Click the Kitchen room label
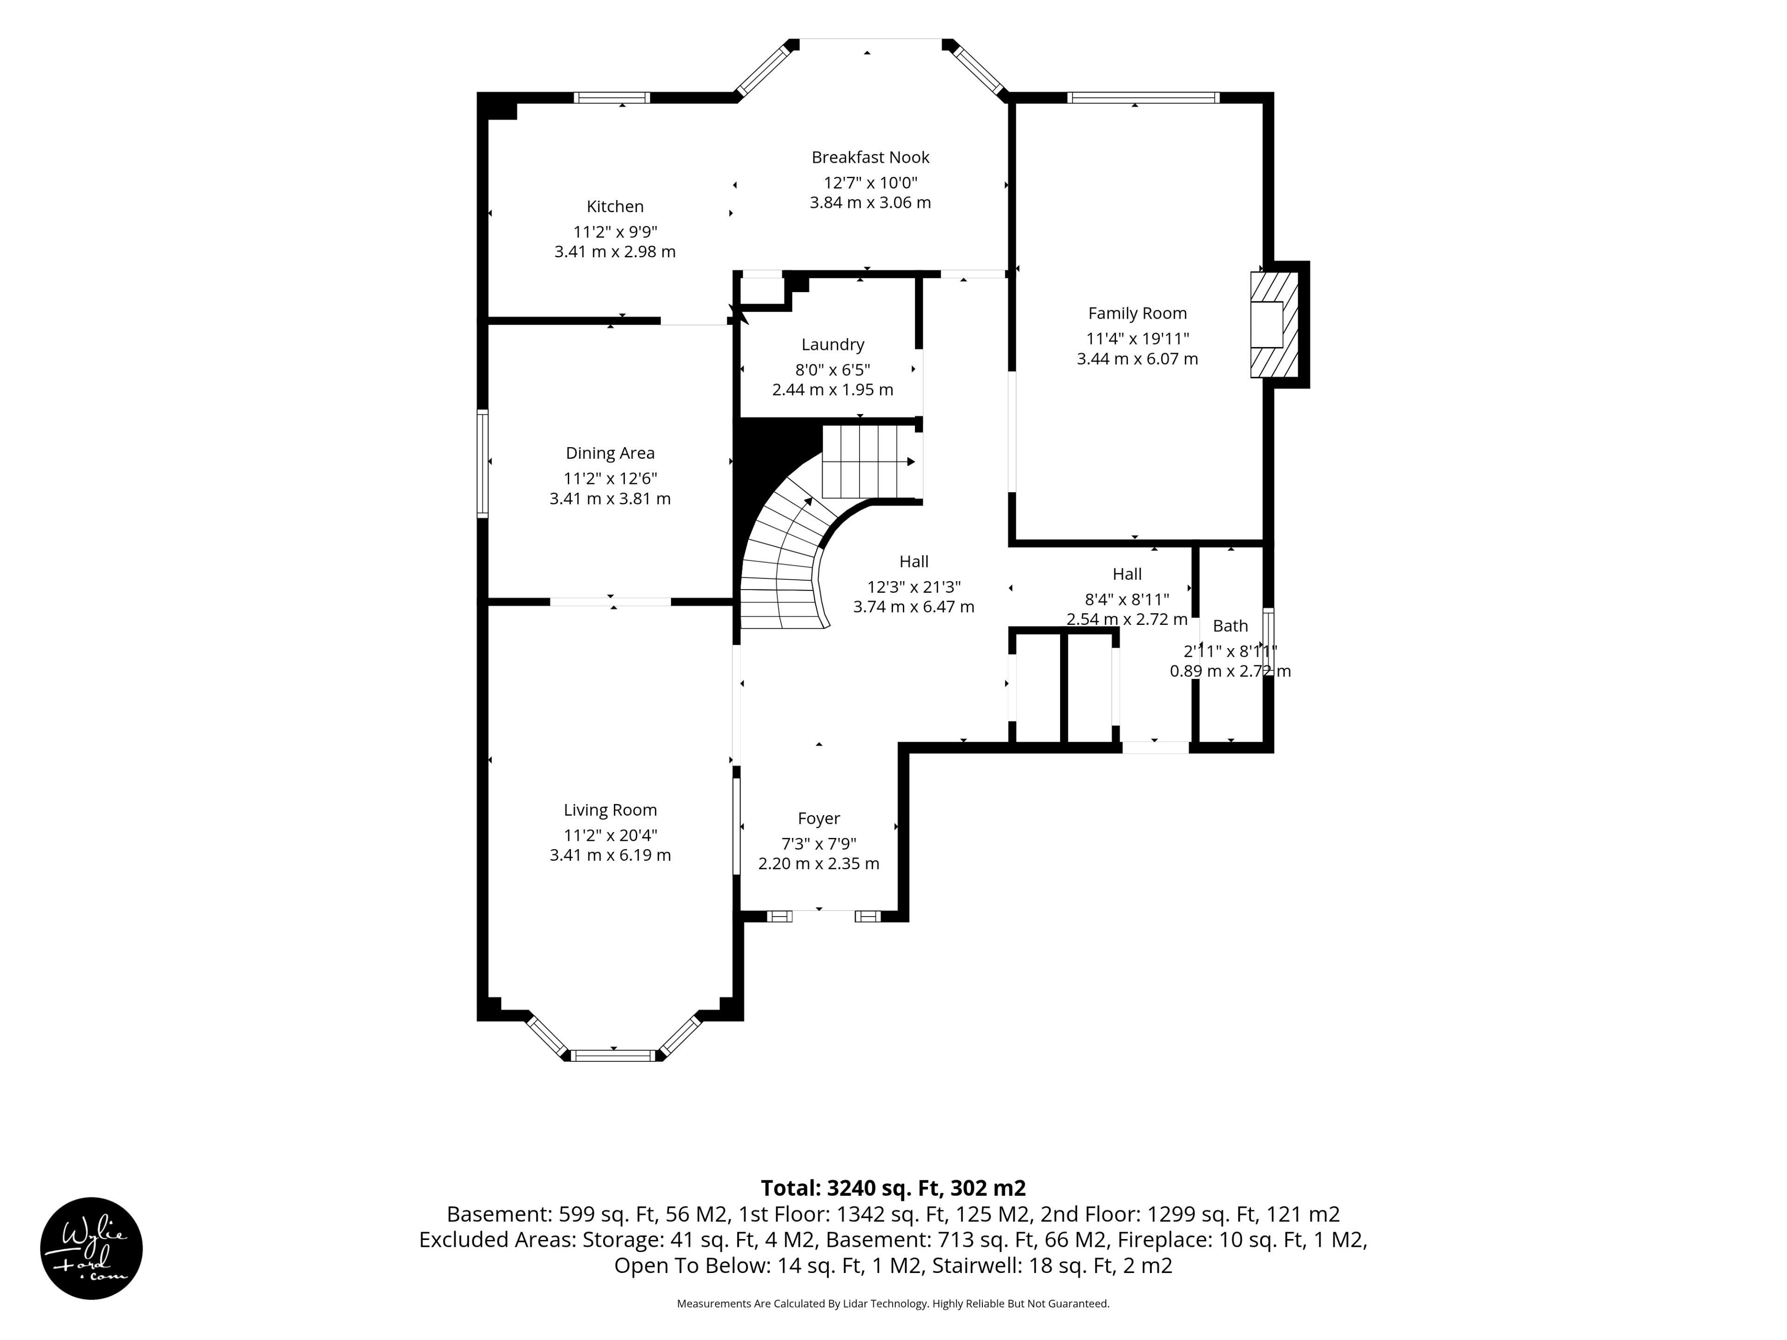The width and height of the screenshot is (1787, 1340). [615, 207]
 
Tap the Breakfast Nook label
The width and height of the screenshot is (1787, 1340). [870, 158]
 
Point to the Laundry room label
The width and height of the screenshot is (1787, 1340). [833, 345]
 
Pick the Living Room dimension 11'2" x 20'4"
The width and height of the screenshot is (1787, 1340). [611, 835]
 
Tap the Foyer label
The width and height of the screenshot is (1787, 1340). [819, 819]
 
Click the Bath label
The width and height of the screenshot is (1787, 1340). [1230, 626]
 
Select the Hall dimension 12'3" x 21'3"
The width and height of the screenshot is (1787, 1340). [914, 587]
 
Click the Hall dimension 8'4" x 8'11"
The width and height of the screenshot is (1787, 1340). [1127, 599]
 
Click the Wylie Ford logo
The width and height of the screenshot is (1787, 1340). [91, 1248]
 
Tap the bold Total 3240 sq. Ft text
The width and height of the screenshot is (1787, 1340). [893, 1188]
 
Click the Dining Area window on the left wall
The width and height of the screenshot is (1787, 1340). [482, 463]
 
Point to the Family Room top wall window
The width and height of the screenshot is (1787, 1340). [1142, 98]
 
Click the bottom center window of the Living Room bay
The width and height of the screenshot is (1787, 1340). [614, 1055]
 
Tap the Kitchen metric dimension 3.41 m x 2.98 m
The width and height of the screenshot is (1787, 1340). [615, 252]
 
